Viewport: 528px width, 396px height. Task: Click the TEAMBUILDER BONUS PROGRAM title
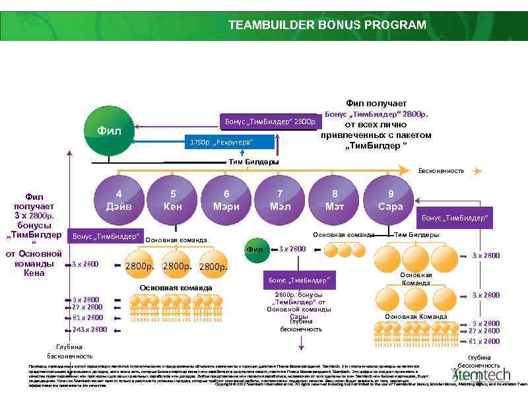click(327, 25)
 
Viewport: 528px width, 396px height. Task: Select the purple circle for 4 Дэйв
click(119, 199)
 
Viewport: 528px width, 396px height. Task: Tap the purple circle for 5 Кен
click(173, 199)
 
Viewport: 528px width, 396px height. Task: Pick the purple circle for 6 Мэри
click(226, 199)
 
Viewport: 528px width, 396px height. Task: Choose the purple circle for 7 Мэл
click(280, 199)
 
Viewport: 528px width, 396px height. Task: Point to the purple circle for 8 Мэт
click(335, 199)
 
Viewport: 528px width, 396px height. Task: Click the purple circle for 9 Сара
click(391, 199)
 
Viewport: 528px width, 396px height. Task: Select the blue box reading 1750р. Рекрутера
click(221, 143)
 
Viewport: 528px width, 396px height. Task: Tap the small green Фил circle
click(255, 249)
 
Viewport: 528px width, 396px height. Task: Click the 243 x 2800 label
click(89, 329)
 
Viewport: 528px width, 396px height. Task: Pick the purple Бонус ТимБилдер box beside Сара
click(455, 218)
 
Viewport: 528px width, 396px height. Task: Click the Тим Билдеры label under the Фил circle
click(253, 162)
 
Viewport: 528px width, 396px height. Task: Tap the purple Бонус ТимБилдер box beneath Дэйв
click(106, 236)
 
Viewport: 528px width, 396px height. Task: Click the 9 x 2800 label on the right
click(486, 323)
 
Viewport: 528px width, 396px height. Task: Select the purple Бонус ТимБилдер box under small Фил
click(296, 280)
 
